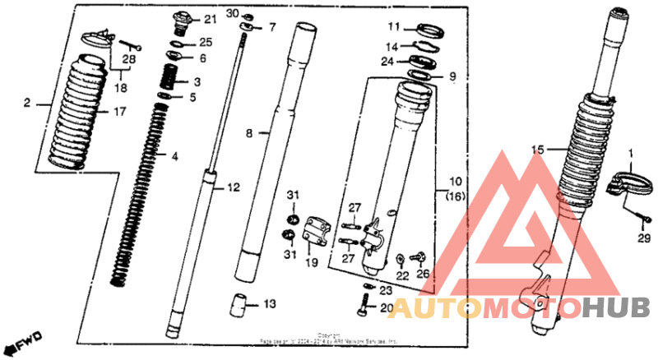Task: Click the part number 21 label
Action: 209,19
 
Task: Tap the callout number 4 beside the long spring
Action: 174,155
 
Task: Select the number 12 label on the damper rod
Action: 234,188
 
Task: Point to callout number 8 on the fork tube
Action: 251,132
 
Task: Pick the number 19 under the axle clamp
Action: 312,263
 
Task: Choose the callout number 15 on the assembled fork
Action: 538,150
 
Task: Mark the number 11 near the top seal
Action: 394,25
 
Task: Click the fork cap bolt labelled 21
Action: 183,20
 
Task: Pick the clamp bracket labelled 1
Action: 626,181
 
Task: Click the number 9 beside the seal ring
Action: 451,78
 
